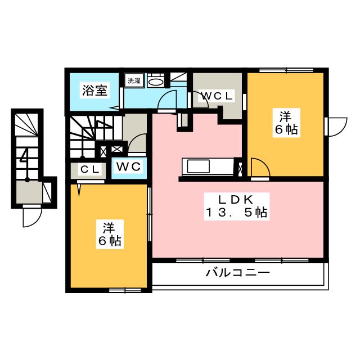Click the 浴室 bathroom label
click(93, 90)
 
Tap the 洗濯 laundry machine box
click(134, 81)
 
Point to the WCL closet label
click(217, 96)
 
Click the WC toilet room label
click(128, 167)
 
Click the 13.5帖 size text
click(236, 213)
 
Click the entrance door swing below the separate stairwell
click(31, 217)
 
